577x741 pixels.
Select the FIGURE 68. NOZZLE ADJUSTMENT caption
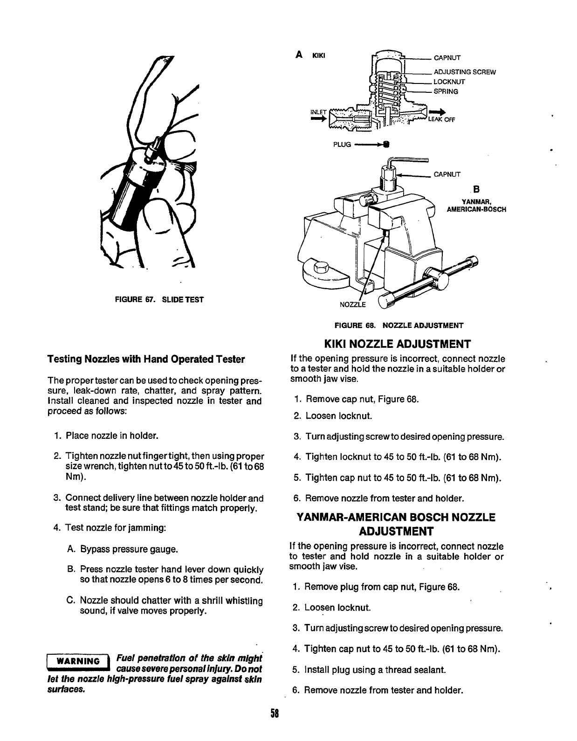tap(398, 325)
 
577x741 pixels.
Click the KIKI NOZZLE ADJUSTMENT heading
tap(397, 345)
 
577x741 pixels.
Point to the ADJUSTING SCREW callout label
tap(464, 72)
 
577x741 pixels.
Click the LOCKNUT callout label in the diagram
tap(449, 82)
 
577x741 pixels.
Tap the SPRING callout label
tap(446, 91)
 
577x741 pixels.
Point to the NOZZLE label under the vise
tap(353, 305)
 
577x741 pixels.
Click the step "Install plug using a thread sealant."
tap(375, 670)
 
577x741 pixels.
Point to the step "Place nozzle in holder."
tap(112, 436)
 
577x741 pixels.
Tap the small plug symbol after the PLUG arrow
tap(386, 145)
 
